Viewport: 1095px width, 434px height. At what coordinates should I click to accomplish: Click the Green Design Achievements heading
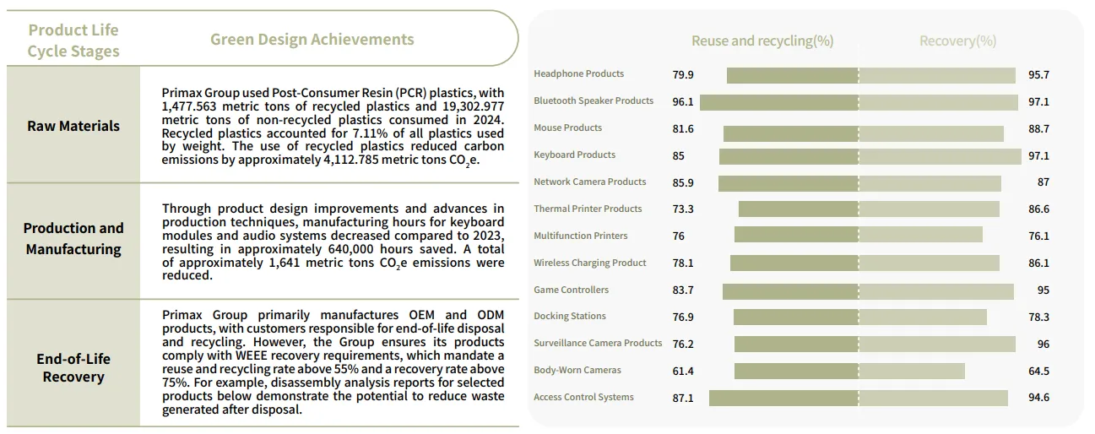(x=312, y=40)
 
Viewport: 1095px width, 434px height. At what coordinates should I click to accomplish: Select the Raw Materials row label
(x=73, y=126)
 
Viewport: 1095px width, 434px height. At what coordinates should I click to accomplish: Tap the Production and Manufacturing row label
(x=73, y=238)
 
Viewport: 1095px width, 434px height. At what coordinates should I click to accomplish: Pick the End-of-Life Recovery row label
(x=73, y=367)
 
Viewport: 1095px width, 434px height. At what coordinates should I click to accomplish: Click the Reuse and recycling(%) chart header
(x=762, y=41)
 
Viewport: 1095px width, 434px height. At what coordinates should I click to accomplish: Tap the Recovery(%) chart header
(x=957, y=41)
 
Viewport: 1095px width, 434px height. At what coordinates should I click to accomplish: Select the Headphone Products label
(x=579, y=74)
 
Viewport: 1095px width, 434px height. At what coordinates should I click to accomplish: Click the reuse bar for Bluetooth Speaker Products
(x=778, y=102)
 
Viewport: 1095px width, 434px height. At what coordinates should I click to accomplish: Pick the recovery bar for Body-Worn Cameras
(x=912, y=371)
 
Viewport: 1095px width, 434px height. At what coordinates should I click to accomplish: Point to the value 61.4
(x=683, y=371)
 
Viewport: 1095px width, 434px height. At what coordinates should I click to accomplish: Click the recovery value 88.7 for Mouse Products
(x=1038, y=129)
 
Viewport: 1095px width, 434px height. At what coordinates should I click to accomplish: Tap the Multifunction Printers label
(x=581, y=236)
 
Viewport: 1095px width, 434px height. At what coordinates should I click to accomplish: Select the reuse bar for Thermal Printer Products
(x=798, y=209)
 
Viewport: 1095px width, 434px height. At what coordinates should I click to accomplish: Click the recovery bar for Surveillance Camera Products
(x=937, y=344)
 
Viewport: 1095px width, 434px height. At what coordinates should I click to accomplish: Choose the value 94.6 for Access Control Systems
(x=1038, y=398)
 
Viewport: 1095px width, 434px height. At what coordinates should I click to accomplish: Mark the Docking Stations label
(x=570, y=316)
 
